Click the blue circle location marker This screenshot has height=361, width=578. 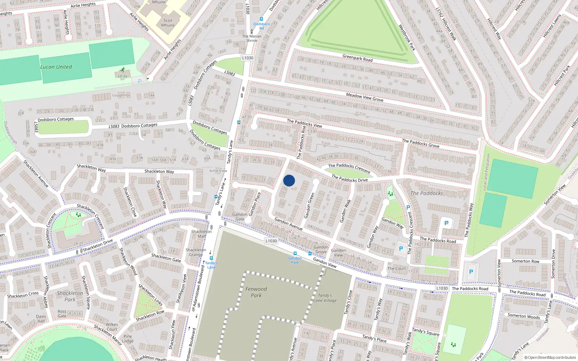289,180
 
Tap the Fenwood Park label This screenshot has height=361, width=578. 256,292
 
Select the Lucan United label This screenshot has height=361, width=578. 56,67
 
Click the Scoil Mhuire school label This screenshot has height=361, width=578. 168,23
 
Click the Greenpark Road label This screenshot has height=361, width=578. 357,58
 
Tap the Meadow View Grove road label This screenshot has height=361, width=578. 365,97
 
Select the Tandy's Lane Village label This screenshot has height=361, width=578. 325,298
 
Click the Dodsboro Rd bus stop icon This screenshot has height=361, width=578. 262,19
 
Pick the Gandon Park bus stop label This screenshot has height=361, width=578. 295,260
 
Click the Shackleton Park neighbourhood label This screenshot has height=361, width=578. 70,296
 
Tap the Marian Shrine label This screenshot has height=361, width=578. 252,38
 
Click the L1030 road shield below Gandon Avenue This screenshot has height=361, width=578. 271,241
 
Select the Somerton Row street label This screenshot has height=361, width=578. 525,261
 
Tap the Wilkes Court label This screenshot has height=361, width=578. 112,327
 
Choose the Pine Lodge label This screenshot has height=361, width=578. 128,339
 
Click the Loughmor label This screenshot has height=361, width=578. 121,95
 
